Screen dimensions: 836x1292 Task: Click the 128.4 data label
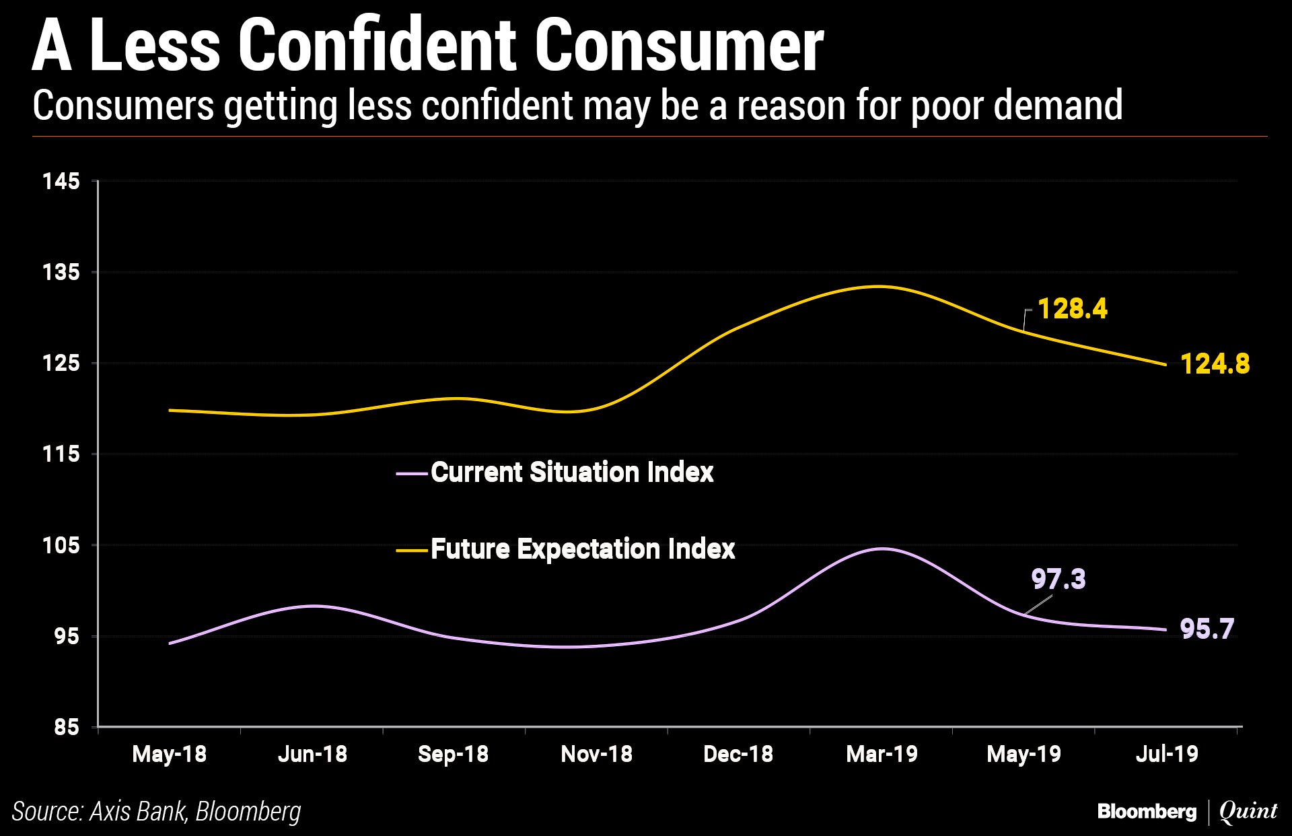[1072, 309]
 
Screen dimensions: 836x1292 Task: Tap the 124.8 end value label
[1215, 364]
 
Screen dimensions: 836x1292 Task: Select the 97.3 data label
[1058, 579]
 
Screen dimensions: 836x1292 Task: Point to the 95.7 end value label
[1207, 629]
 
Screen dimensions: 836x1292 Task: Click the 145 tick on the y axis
[61, 181]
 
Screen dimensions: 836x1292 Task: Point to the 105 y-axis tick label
[61, 545]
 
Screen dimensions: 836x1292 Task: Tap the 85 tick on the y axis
[66, 728]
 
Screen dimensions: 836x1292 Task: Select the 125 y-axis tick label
[61, 363]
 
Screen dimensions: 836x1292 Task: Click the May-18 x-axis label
[170, 754]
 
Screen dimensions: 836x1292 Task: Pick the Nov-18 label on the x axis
[596, 754]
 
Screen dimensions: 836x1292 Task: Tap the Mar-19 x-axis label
[882, 754]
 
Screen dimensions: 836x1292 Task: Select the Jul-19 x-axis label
[1167, 754]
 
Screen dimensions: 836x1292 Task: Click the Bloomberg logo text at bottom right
[1147, 811]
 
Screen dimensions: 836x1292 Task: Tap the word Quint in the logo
[1248, 811]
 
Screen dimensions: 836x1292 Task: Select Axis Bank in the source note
[137, 811]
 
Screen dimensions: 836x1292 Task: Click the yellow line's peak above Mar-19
[879, 286]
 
